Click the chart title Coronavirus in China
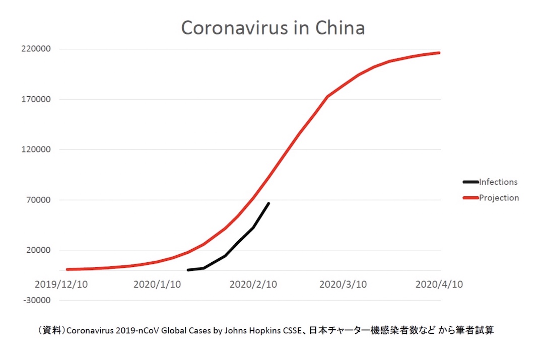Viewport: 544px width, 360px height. pos(273,28)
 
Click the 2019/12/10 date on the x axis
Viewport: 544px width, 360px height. pos(61,284)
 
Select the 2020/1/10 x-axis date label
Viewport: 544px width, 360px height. pos(157,284)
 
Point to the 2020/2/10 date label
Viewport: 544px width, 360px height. pos(253,284)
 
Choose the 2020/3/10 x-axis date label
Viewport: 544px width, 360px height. pos(343,284)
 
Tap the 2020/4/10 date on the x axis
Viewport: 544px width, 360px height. pos(439,284)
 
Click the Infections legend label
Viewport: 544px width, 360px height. pos(498,182)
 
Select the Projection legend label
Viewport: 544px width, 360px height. pos(499,198)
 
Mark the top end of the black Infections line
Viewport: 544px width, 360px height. pos(268,203)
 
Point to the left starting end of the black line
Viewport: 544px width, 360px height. pos(188,270)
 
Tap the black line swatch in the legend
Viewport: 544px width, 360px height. pos(470,182)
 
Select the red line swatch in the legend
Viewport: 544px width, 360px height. pos(470,198)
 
